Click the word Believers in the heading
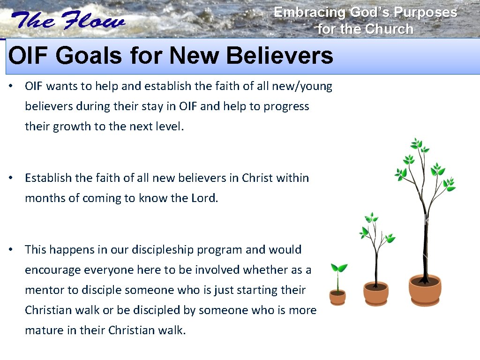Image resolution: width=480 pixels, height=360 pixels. (279, 56)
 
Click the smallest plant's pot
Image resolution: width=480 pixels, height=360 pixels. (337, 297)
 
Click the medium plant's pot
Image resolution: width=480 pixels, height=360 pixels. (376, 292)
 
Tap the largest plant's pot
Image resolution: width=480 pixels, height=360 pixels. (425, 290)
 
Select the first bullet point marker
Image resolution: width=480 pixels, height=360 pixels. (15, 87)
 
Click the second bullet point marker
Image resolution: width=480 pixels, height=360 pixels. (15, 178)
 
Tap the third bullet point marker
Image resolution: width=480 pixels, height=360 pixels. (15, 250)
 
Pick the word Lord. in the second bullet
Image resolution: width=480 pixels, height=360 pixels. (205, 198)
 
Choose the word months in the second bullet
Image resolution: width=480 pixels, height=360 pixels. (45, 198)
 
